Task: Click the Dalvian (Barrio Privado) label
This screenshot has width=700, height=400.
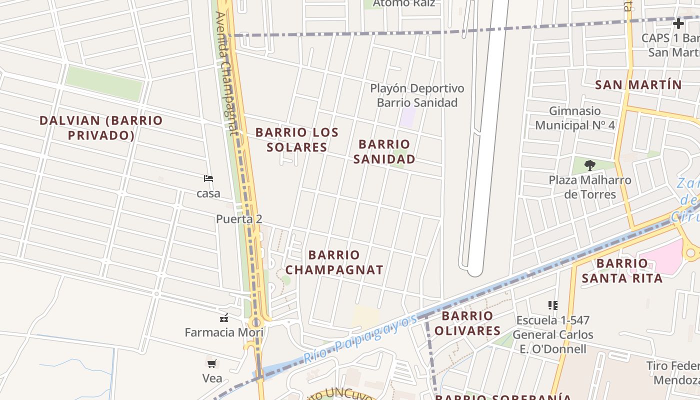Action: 101,127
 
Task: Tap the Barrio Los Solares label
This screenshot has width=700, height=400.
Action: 297,139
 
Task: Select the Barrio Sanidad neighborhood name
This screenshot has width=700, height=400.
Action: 384,151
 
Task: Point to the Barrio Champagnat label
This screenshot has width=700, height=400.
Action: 334,262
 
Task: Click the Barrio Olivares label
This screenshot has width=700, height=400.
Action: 467,323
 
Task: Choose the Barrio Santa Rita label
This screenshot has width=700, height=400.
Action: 622,270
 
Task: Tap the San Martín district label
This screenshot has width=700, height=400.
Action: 638,85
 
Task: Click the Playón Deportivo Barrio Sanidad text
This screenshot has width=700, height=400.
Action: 417,95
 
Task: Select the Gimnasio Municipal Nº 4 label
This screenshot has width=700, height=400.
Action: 575,118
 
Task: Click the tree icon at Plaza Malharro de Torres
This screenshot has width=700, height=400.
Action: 590,165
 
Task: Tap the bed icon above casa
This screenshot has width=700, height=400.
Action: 208,178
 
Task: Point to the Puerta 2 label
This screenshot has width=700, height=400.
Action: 239,219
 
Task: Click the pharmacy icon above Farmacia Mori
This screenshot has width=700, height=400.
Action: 224,317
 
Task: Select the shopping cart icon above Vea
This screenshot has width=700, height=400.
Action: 212,363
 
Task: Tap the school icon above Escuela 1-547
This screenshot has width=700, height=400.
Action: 552,305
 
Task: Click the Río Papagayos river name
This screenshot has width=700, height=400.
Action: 360,340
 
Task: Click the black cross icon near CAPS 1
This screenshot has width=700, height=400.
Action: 678,23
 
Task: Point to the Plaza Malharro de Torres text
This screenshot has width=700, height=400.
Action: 590,187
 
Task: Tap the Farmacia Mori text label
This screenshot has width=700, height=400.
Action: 224,332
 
